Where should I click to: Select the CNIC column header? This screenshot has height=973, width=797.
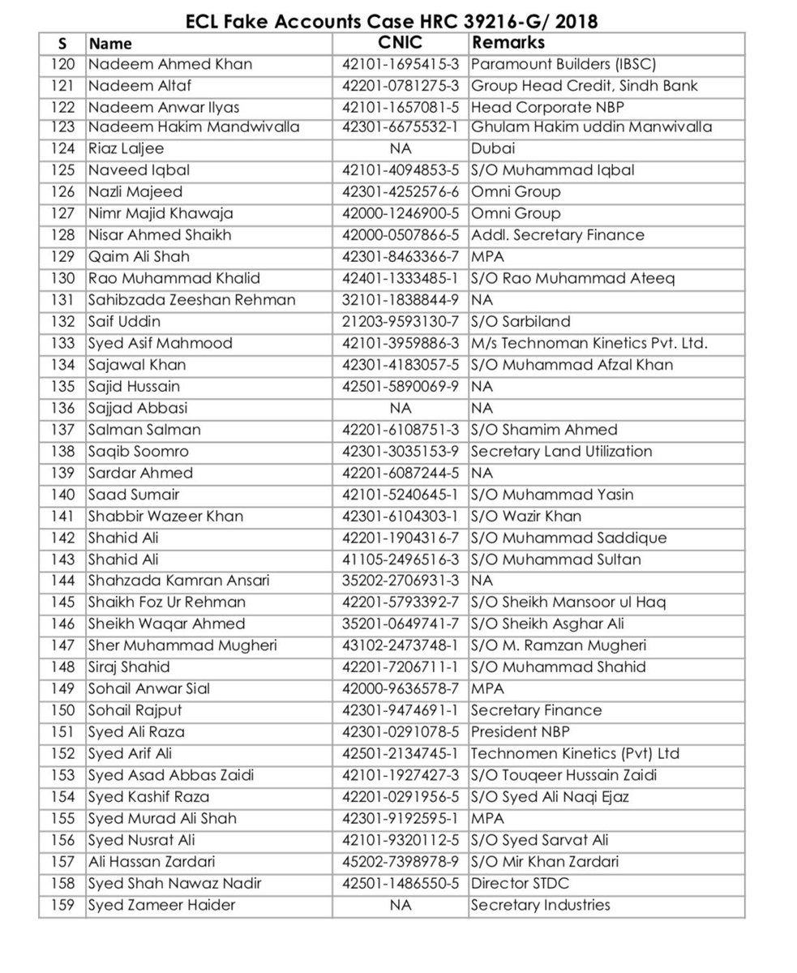pos(400,42)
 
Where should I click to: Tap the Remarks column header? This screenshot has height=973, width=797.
pos(508,42)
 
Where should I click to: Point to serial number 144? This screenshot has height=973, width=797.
pos(62,581)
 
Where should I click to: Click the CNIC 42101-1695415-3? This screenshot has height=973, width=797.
pos(400,64)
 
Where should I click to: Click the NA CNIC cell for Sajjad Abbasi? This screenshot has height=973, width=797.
pos(400,408)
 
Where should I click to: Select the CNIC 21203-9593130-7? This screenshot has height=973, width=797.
pos(400,322)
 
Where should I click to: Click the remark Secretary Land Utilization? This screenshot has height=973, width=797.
pos(561,452)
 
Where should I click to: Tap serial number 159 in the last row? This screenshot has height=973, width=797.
pos(62,905)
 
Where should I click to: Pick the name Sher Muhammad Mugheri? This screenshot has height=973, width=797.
pos(182,645)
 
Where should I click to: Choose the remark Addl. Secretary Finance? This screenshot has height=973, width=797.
pos(558,235)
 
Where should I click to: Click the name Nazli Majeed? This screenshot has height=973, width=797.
pos(135,192)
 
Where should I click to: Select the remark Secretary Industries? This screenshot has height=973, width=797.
pos(540,905)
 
